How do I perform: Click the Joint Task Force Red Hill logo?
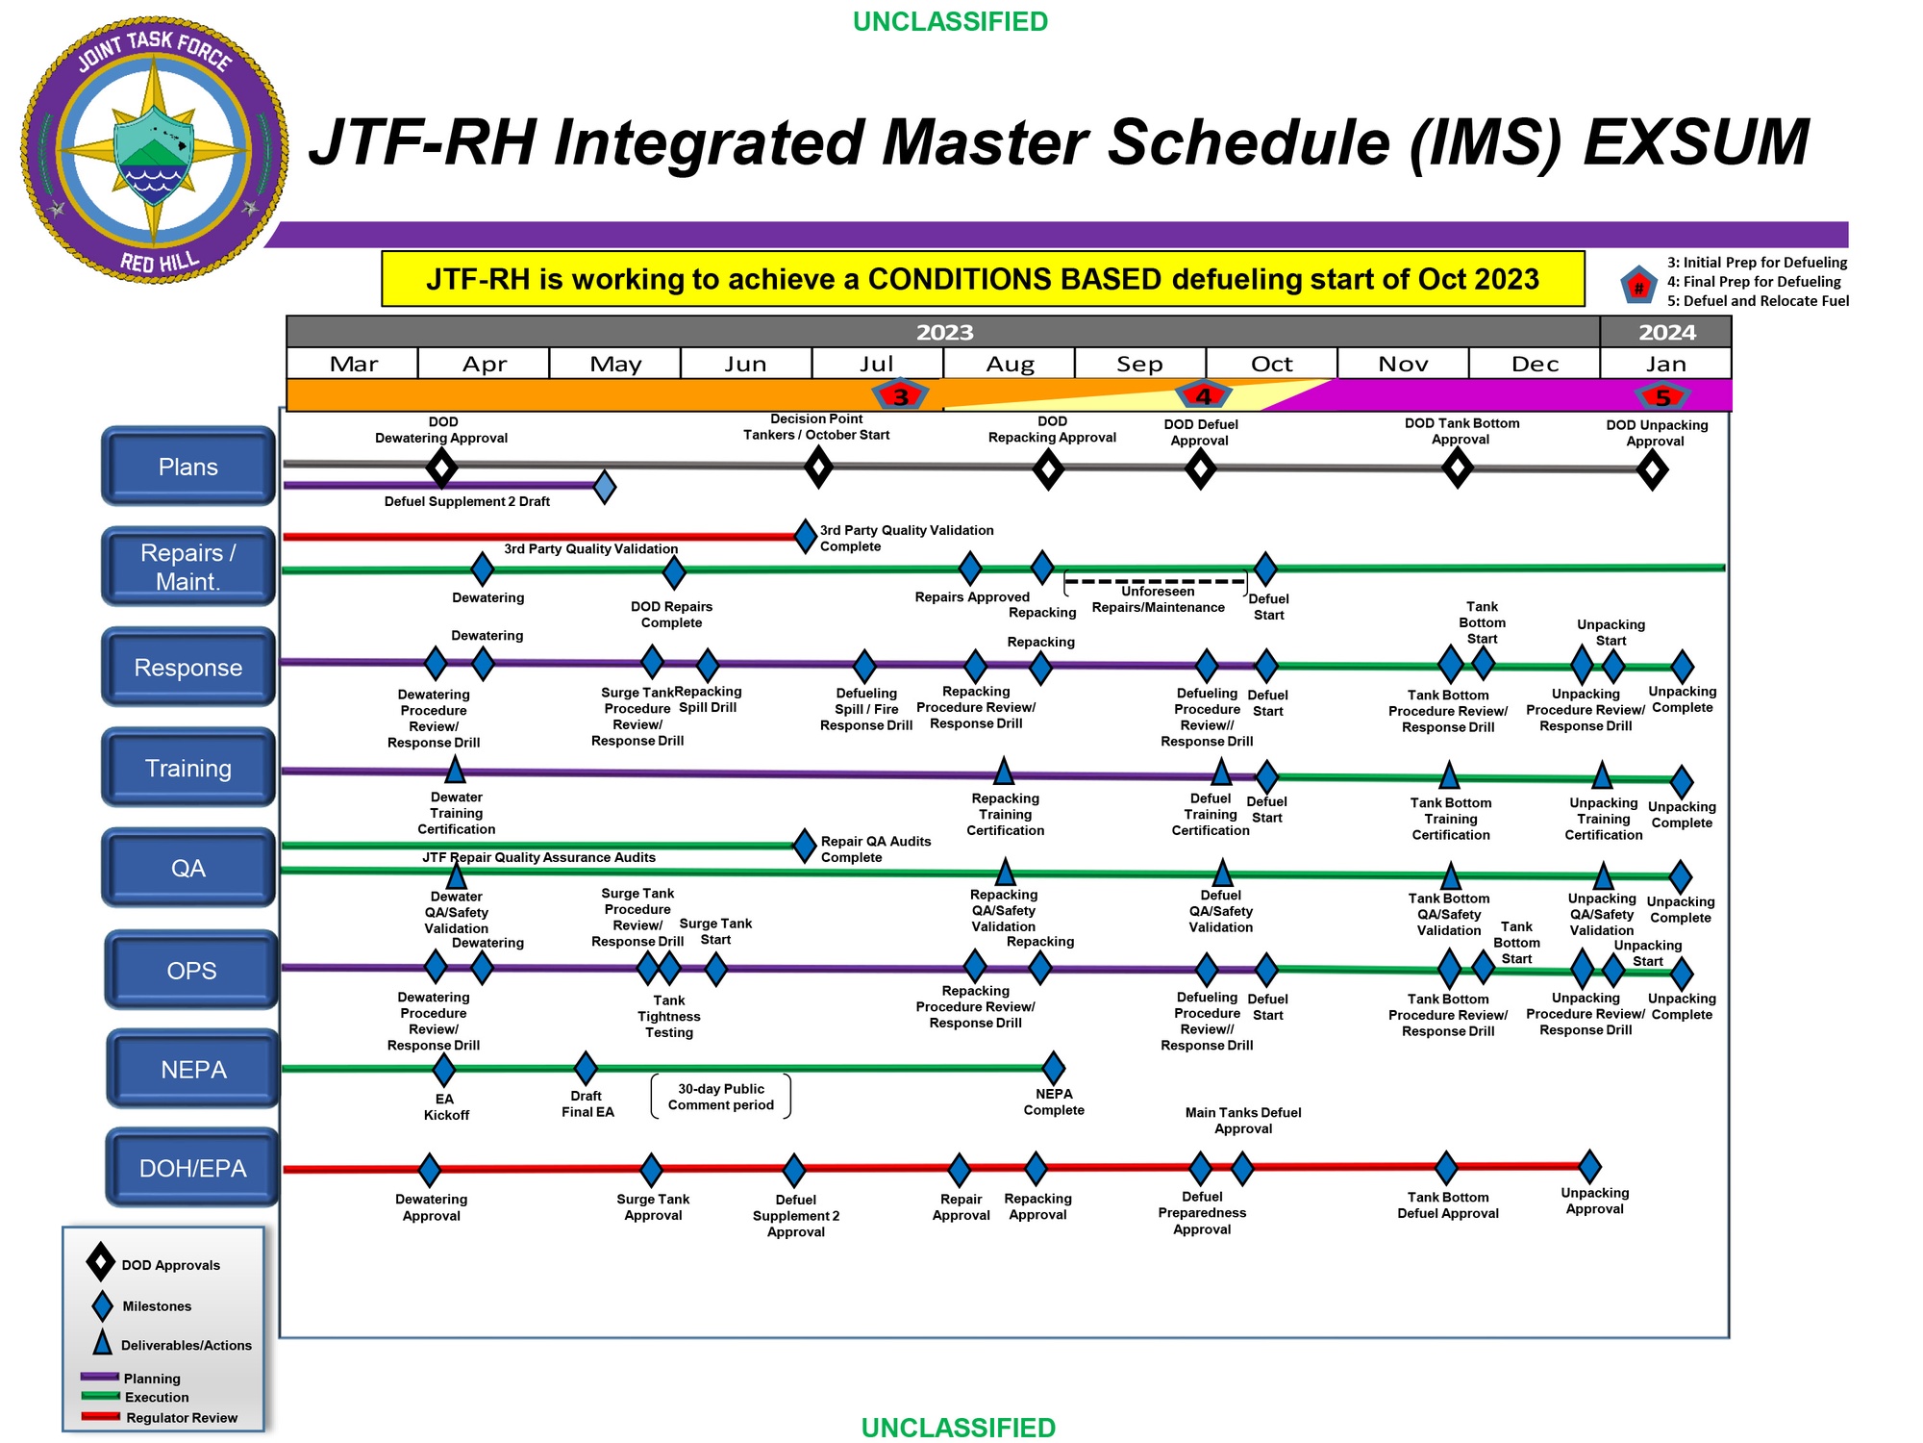point(155,149)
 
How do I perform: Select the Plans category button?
point(188,467)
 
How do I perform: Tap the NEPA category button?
point(193,1069)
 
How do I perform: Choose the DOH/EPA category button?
point(192,1168)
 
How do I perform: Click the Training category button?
point(188,768)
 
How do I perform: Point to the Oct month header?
point(1271,364)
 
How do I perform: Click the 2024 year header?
point(1666,332)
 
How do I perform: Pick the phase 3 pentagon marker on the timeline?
point(900,395)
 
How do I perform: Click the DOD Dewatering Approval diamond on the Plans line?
point(441,468)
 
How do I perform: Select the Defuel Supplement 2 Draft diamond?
point(604,487)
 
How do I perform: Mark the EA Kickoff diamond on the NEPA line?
point(443,1068)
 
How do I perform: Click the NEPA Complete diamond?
point(1054,1067)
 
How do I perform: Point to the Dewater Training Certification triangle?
point(456,770)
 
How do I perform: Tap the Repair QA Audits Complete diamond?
point(805,846)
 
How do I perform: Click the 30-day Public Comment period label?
point(721,1097)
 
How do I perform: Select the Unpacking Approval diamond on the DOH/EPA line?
point(1590,1166)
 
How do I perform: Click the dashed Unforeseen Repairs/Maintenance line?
point(1155,581)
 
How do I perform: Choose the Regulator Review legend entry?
point(181,1417)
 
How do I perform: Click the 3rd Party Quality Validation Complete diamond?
point(806,536)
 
